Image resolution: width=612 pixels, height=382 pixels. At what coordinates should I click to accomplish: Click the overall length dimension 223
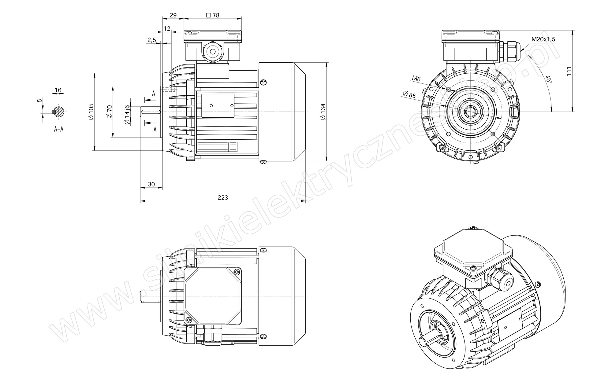[x=223, y=197]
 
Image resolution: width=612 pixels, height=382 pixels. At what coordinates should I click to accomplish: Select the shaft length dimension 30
[x=151, y=184]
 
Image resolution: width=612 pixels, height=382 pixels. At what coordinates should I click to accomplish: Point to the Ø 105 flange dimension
[x=91, y=112]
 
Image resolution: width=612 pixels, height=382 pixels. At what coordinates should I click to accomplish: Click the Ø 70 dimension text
[x=110, y=112]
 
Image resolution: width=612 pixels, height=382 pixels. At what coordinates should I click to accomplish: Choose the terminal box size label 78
[x=213, y=15]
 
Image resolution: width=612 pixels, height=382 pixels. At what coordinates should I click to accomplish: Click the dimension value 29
[x=173, y=15]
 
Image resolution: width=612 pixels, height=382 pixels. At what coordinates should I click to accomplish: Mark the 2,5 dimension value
[x=152, y=40]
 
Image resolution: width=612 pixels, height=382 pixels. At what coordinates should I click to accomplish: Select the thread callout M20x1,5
[x=543, y=39]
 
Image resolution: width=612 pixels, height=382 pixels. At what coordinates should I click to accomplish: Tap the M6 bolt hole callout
[x=416, y=79]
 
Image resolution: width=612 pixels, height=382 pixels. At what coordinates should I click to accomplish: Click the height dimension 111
[x=569, y=71]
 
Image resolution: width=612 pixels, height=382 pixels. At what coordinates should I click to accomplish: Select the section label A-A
[x=59, y=129]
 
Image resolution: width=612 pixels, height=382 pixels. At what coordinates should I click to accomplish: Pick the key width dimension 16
[x=58, y=90]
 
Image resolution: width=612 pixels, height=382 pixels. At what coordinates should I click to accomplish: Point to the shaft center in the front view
[x=470, y=112]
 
